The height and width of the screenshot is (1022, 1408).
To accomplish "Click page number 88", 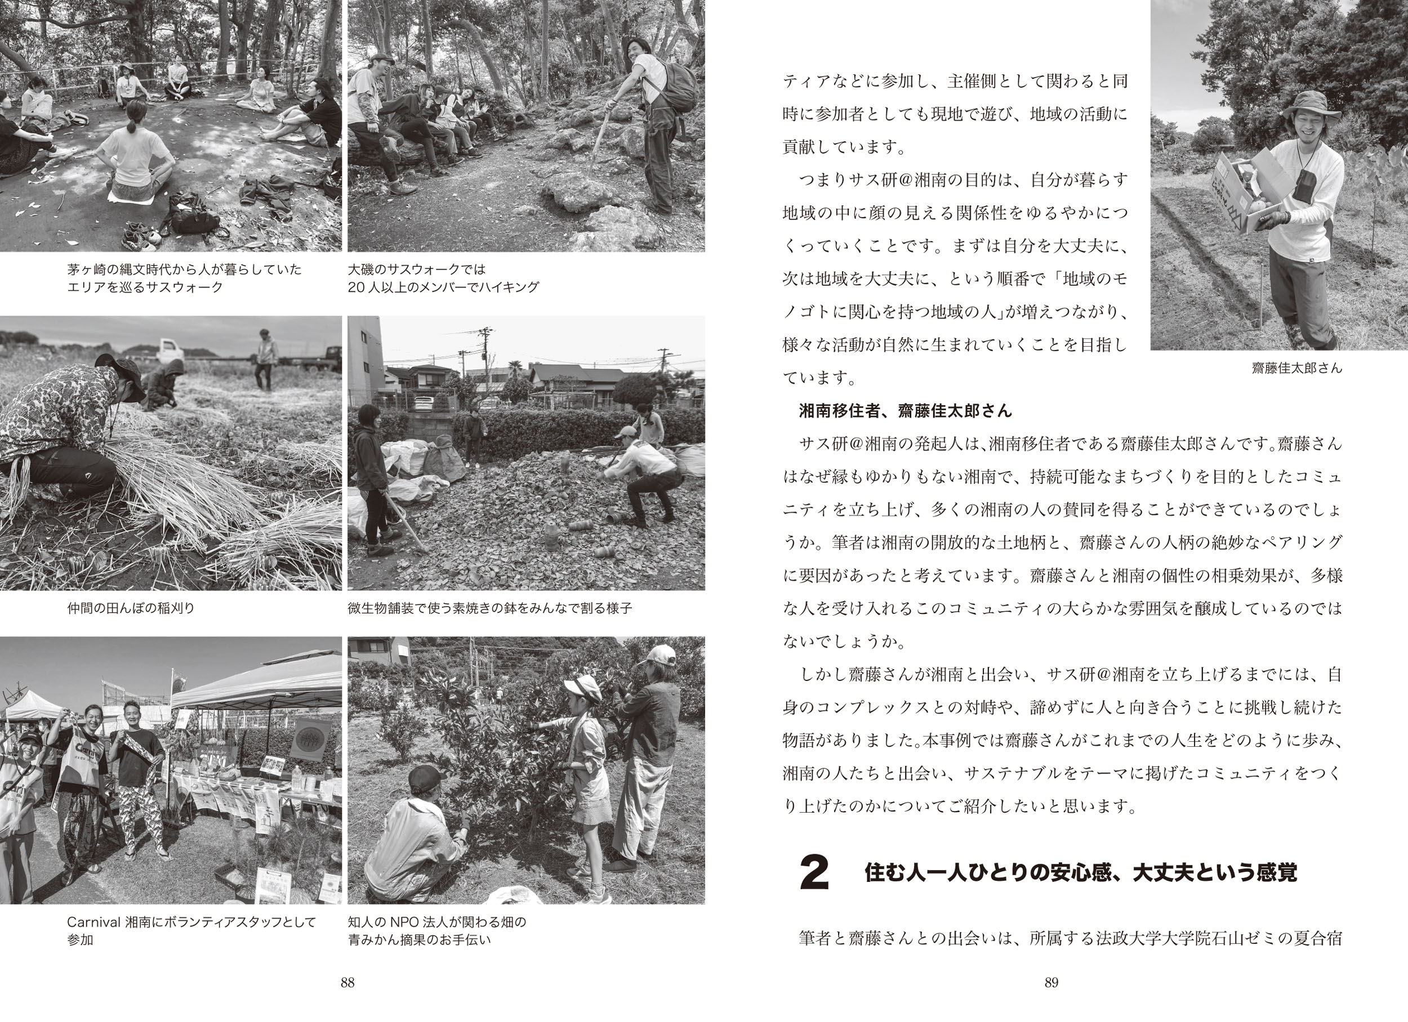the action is (347, 982).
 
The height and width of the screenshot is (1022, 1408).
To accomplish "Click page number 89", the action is (1051, 982).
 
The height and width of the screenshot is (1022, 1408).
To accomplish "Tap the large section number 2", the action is (814, 873).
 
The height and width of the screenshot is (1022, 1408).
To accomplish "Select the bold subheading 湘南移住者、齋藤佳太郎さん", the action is (905, 410).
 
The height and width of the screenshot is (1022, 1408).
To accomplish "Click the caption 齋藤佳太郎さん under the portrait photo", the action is (1297, 368).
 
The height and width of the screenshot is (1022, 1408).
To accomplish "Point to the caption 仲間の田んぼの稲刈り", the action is (131, 608).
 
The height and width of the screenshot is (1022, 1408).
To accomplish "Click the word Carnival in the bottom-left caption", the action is (93, 922).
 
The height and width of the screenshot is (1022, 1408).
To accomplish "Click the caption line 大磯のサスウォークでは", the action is (417, 270).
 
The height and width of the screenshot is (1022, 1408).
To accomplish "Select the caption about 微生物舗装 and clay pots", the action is (490, 608).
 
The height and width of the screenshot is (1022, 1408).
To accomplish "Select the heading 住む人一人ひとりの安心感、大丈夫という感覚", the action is (1081, 873).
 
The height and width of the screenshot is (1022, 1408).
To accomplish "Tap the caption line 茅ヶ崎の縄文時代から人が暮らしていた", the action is (184, 270).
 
